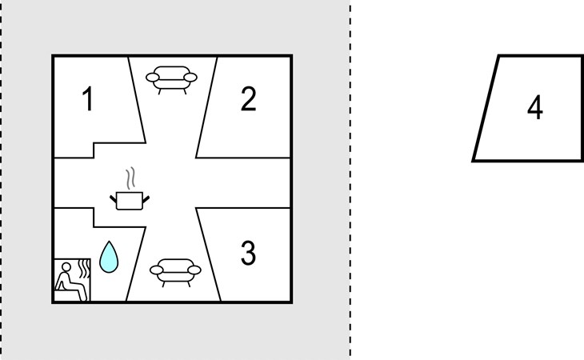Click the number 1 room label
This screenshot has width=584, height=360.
(x=88, y=98)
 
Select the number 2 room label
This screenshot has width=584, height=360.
(x=249, y=98)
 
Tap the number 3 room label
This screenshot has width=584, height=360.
(x=248, y=253)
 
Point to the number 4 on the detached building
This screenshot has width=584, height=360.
(x=535, y=107)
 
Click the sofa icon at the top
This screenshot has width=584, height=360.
(x=171, y=80)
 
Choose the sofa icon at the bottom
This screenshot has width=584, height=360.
(x=175, y=273)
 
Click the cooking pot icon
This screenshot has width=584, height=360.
(x=130, y=201)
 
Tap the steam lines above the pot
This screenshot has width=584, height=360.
(x=130, y=178)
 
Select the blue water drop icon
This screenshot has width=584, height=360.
(x=109, y=257)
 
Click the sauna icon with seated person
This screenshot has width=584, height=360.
(x=72, y=279)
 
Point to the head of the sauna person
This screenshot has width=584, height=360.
(x=66, y=267)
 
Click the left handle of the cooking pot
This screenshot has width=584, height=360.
(x=113, y=199)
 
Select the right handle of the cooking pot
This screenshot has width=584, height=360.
(x=146, y=199)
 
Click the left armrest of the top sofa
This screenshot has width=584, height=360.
(x=152, y=78)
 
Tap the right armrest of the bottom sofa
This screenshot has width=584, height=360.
(x=194, y=270)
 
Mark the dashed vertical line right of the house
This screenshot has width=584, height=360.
(x=350, y=180)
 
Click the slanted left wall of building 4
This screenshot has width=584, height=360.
(x=486, y=108)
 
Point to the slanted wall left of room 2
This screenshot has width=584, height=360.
(x=206, y=107)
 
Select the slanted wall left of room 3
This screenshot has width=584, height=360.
(x=208, y=254)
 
